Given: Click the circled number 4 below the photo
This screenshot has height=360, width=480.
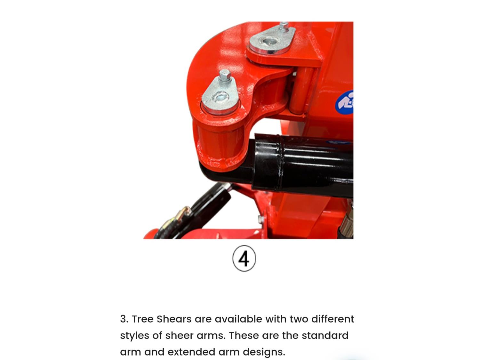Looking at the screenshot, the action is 244,258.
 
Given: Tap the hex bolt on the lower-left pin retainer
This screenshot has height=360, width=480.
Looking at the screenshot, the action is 225,76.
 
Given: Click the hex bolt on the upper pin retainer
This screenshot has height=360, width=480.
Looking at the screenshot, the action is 284,27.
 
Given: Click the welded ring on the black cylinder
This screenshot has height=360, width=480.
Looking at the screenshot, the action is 278,162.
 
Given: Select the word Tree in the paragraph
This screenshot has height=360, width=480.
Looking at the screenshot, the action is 142,319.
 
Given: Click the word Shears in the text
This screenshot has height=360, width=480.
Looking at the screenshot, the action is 174,319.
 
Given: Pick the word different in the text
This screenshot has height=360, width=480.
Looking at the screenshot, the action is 332,319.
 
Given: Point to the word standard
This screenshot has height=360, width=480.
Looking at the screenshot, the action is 325,335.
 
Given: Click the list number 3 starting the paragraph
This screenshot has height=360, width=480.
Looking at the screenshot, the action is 124,319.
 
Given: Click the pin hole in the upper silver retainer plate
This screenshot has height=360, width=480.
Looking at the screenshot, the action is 269,41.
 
